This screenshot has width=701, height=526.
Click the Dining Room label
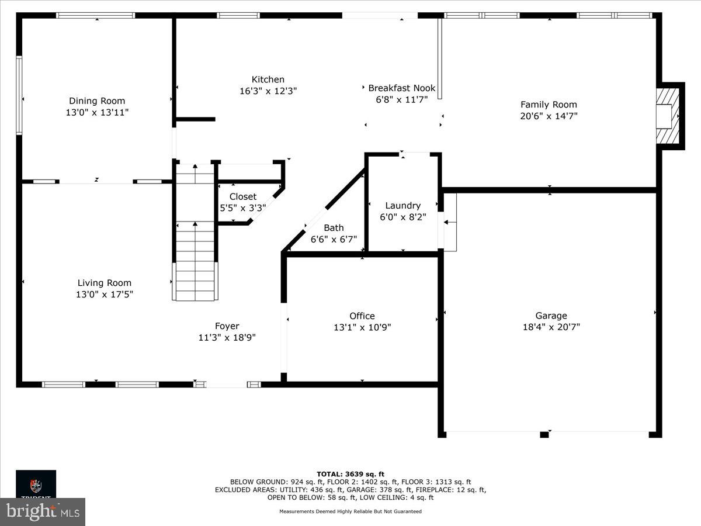pos(97,101)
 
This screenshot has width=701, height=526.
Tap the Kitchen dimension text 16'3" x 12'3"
pos(268,91)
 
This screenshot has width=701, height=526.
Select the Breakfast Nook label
pos(401,88)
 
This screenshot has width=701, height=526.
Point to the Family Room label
pos(549,105)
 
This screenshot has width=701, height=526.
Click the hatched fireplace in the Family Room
pos(668,116)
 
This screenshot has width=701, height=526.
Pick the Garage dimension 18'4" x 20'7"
pos(551,327)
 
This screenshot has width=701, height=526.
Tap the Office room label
pos(362,316)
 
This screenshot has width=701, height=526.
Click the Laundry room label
pos(402,206)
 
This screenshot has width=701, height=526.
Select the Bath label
pos(334,228)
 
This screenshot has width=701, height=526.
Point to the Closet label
pos(242,197)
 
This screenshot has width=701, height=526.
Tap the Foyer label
pos(227,326)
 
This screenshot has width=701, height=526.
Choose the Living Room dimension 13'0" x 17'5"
pos(105,295)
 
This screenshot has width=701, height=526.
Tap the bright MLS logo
pos(43,512)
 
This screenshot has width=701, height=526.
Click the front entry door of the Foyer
pos(227,385)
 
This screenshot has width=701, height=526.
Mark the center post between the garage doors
pos(544,434)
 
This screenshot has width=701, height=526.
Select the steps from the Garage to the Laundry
pos(450,222)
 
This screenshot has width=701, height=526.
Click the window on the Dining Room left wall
pos(19,95)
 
